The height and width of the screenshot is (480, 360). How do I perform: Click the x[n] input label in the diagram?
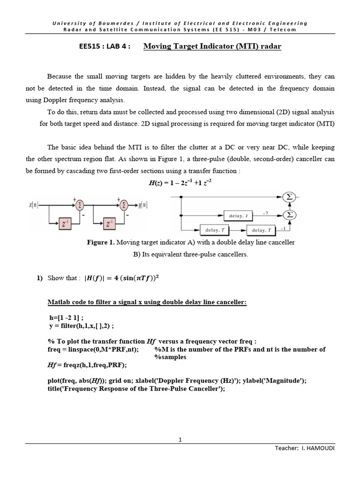(33, 205)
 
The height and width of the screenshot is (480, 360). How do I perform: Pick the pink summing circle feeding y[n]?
(124, 205)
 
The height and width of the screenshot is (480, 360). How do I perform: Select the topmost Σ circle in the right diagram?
(290, 197)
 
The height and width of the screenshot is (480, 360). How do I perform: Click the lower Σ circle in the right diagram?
(290, 215)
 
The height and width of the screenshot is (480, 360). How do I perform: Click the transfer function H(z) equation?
(180, 184)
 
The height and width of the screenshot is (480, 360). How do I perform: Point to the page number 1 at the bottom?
(180, 439)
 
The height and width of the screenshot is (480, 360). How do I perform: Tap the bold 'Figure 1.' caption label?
(100, 242)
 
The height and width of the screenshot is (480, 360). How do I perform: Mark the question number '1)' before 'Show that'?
(40, 278)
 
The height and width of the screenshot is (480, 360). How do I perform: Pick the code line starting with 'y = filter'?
(81, 325)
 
